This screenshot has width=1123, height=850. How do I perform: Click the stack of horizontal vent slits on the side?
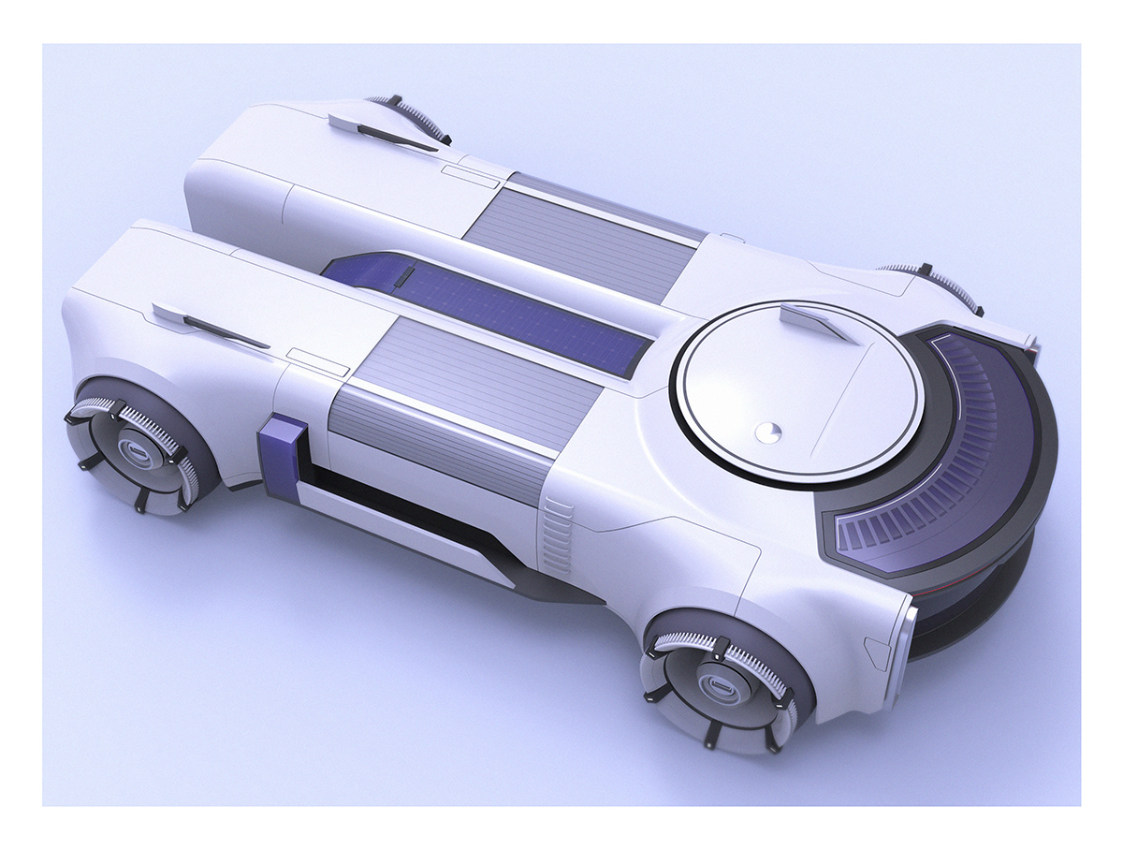[x=559, y=535]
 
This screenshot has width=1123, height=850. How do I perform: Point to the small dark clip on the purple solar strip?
[x=403, y=277]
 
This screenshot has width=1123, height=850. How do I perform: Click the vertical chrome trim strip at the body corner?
[x=908, y=646]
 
